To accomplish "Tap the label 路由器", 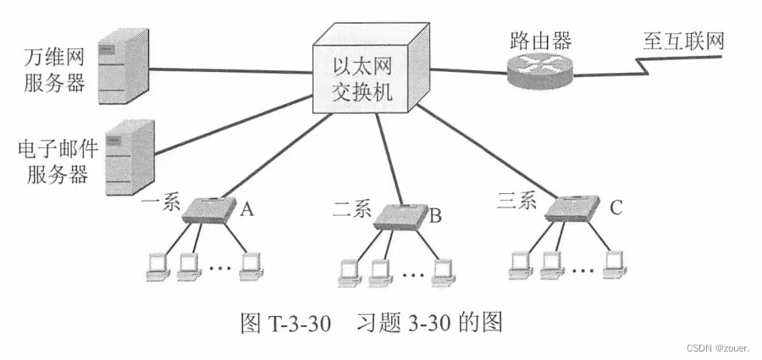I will [541, 40].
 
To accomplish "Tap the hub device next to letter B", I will [400, 215].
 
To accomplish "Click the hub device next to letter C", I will [571, 208].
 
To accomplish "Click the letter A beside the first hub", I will [246, 209].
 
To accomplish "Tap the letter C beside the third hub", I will [616, 207].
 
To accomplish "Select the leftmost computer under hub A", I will [157, 266].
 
